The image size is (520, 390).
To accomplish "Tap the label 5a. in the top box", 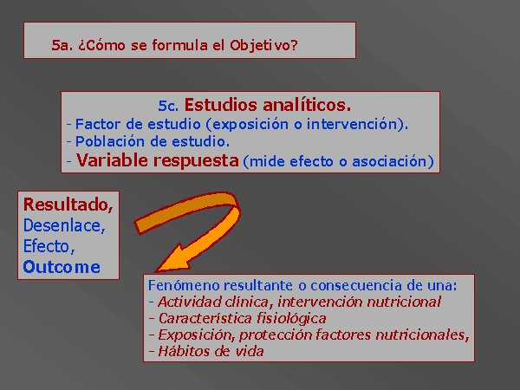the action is (x=62, y=45).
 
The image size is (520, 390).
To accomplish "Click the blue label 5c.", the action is (x=168, y=106).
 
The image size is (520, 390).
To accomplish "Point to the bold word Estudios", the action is (x=220, y=105).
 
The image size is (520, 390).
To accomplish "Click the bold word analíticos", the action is (x=307, y=105).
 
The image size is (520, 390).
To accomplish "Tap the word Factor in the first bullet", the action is (x=97, y=124).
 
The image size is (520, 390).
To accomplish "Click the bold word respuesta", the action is (x=196, y=161).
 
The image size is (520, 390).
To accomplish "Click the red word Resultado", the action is (x=68, y=205).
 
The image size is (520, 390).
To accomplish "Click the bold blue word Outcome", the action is (x=62, y=267).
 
